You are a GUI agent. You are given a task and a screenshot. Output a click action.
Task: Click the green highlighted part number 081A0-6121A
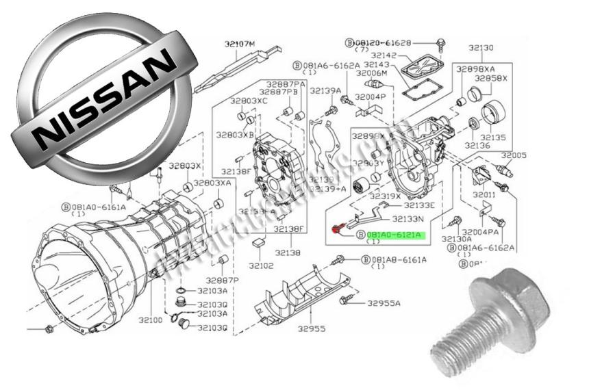396,235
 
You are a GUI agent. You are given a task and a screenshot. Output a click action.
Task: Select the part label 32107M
239,44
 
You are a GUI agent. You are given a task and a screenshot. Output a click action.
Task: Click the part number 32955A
384,302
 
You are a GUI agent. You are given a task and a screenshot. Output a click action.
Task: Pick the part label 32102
261,265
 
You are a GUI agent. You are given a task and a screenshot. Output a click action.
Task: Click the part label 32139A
325,90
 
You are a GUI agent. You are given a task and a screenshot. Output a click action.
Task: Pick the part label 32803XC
249,101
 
